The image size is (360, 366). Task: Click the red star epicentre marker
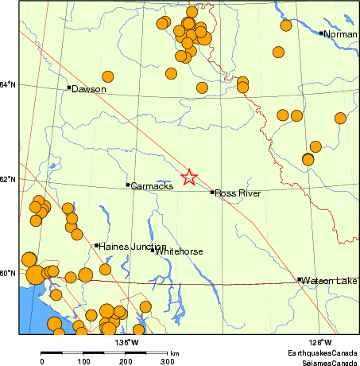tap(189, 177)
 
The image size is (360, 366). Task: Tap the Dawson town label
tap(89, 90)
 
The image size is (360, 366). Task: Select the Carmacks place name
tap(152, 186)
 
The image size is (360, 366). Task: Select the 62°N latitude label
tap(7, 179)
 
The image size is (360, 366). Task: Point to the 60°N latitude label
tap(7, 273)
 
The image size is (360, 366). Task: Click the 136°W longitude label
tap(126, 343)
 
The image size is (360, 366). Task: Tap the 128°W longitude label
tap(320, 343)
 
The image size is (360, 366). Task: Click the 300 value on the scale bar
tap(168, 362)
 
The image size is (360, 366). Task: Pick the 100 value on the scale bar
tap(83, 362)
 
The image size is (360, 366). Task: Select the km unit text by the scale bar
tap(174, 352)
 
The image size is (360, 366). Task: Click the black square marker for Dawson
tap(69, 88)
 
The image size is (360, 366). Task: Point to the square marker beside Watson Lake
tap(299, 279)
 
